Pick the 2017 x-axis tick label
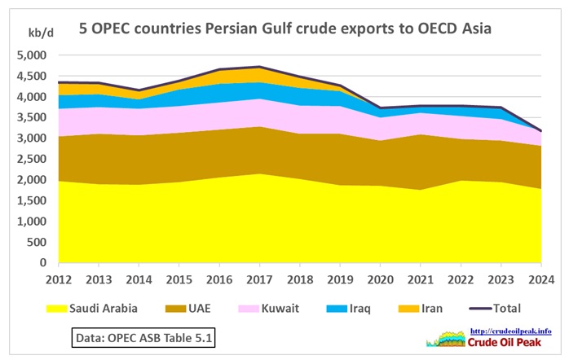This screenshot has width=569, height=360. coord(259,279)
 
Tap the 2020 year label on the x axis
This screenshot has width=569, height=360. coord(380,279)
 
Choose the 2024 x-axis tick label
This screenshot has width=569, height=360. coord(540,279)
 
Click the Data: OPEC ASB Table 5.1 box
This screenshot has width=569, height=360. coord(143,336)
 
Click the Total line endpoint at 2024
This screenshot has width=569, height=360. coord(540,131)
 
